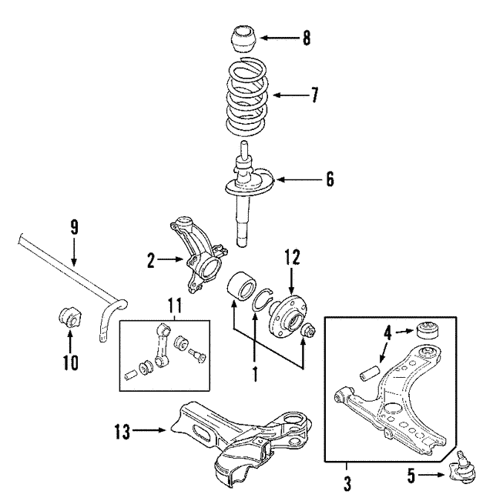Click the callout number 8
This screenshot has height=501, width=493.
[307, 38]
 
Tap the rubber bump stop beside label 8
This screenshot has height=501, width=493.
[243, 39]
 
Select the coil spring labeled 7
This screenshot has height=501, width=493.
[246, 97]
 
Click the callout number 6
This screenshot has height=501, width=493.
[330, 179]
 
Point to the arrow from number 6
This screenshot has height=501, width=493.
[300, 180]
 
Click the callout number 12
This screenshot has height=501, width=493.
[292, 258]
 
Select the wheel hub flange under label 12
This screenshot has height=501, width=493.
[288, 316]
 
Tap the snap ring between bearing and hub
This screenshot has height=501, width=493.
[263, 299]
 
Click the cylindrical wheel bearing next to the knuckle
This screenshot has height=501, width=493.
[242, 286]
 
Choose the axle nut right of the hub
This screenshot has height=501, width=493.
[309, 329]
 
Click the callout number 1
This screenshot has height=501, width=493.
[255, 374]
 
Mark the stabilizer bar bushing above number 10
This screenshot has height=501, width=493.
[70, 316]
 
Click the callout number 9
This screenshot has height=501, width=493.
[74, 228]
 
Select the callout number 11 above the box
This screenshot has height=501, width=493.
[175, 306]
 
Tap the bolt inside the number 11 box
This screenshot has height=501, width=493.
[197, 356]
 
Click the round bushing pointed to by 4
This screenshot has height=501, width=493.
[428, 331]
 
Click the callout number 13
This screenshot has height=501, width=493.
[122, 432]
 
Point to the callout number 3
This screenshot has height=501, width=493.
[347, 484]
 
